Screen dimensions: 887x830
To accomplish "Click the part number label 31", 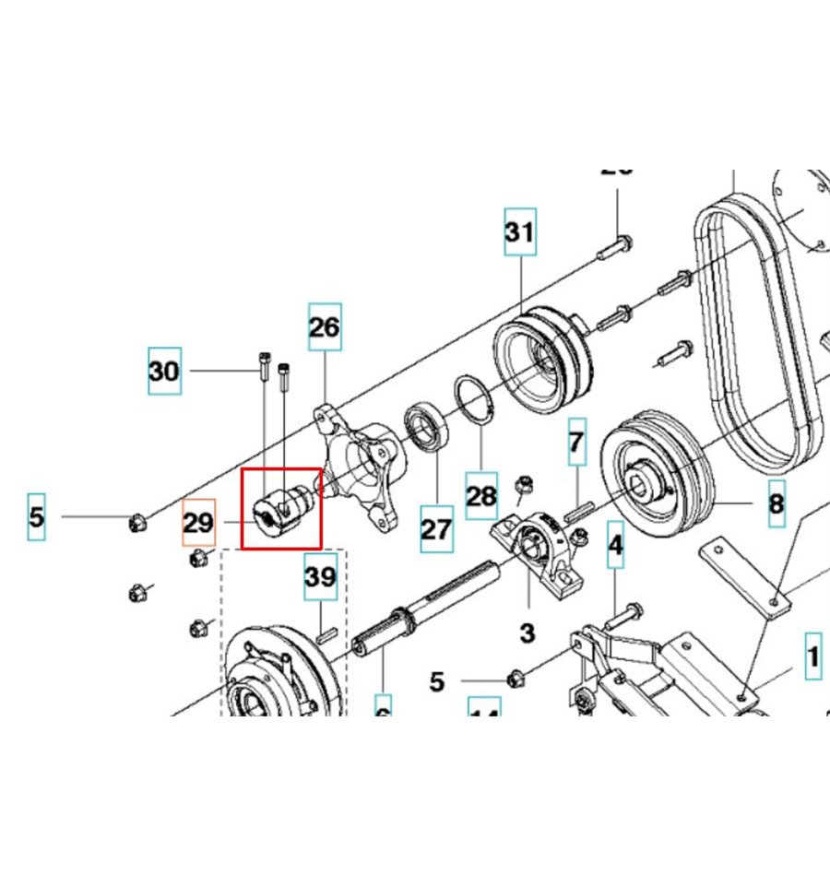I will (x=519, y=233).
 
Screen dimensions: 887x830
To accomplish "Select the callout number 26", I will (x=324, y=326).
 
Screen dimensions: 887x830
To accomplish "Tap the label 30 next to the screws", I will (x=164, y=372).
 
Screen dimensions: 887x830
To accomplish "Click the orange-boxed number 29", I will (x=198, y=523).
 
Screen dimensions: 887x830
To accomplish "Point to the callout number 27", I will (x=437, y=529).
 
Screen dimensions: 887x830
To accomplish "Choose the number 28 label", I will (x=481, y=496).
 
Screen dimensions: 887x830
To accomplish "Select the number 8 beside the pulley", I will (x=777, y=503).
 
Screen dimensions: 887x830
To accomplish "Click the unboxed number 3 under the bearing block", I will (x=527, y=633).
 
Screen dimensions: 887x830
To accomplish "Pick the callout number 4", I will (x=615, y=546).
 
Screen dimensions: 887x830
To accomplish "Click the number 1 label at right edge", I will (x=812, y=657).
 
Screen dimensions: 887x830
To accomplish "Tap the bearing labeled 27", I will (x=427, y=426).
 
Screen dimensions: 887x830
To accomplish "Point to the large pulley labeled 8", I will (x=656, y=480).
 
